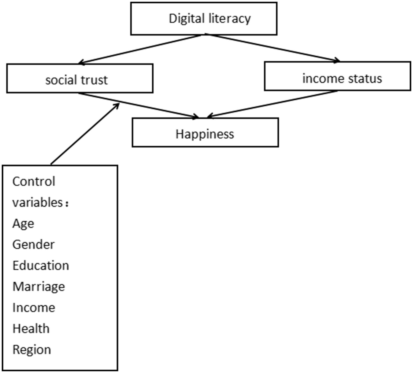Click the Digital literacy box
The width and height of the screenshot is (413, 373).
[x=204, y=19]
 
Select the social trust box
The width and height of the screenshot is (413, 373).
[x=80, y=79]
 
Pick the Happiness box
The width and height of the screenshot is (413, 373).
[x=205, y=133]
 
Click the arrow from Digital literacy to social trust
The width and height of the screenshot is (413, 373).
[x=140, y=49]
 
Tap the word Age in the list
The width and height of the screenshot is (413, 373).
[x=23, y=224]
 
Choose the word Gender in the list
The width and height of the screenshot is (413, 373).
[x=33, y=245]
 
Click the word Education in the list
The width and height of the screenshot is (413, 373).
[x=41, y=266]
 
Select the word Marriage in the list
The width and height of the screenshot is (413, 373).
[x=39, y=287]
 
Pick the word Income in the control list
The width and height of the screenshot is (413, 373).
[x=34, y=308]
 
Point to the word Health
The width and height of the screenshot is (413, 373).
[x=31, y=329]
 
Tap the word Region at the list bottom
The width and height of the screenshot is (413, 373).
[x=32, y=350]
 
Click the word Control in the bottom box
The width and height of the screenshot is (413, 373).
[x=34, y=182]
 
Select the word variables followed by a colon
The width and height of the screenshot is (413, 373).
[x=37, y=202]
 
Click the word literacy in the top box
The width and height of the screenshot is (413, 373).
[x=229, y=19]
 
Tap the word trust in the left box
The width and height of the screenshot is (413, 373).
[x=94, y=80]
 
